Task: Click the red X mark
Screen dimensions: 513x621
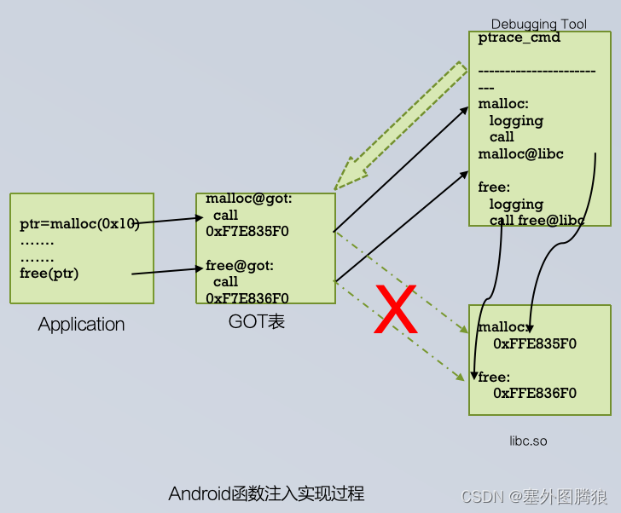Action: click(x=396, y=312)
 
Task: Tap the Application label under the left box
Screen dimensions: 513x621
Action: click(x=81, y=325)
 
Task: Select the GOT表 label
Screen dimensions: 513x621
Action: click(x=256, y=321)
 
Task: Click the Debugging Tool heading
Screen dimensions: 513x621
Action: click(x=538, y=24)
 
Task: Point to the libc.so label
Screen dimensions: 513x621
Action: click(x=528, y=441)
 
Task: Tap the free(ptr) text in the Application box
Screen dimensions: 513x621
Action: click(x=49, y=274)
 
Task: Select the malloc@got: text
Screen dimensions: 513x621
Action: click(x=249, y=199)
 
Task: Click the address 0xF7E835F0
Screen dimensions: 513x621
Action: click(x=247, y=230)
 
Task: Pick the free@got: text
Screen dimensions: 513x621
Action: click(x=240, y=265)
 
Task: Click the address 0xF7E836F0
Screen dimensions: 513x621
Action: click(x=247, y=297)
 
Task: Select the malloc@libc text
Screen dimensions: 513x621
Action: click(x=520, y=153)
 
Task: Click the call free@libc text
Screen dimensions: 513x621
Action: click(x=537, y=220)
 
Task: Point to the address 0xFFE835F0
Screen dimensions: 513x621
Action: click(x=535, y=343)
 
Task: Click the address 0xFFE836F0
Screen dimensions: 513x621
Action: click(x=535, y=393)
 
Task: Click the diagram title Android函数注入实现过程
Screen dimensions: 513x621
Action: click(x=266, y=493)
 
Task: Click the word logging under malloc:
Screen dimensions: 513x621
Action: click(x=516, y=120)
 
